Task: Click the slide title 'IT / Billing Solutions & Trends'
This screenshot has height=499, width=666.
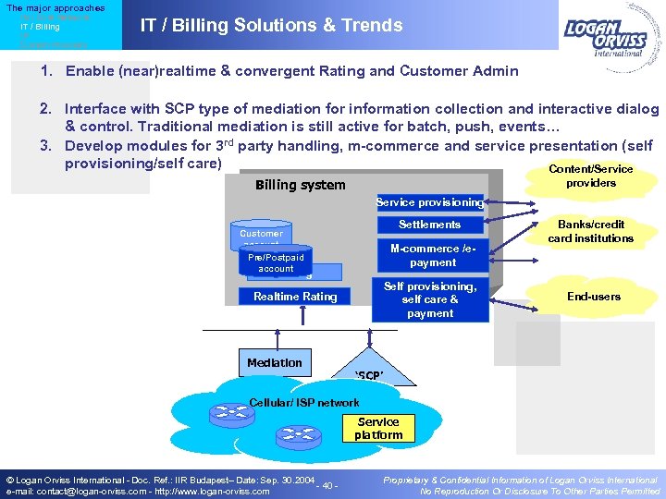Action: (x=271, y=26)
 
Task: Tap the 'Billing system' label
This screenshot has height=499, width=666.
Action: (x=300, y=185)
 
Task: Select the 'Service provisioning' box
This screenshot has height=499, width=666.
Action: (x=429, y=202)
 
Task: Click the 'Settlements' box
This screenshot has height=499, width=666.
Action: (x=429, y=225)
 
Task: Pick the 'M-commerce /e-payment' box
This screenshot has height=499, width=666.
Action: (x=429, y=255)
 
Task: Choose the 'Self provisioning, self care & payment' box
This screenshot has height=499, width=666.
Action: (x=429, y=299)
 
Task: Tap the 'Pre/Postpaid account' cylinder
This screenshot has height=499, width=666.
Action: (x=276, y=262)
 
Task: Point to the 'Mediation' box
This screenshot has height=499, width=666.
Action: (x=274, y=363)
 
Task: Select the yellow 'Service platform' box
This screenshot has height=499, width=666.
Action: (x=378, y=429)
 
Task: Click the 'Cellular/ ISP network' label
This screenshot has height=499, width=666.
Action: (x=304, y=403)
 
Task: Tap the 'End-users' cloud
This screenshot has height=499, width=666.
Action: (x=593, y=297)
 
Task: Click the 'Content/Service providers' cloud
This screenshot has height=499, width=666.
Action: (x=590, y=176)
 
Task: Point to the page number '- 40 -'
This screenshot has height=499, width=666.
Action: (x=327, y=486)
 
